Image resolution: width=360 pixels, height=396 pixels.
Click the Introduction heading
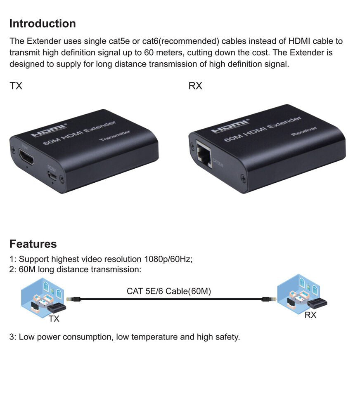click(43, 24)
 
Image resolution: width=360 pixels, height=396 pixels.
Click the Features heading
click(33, 244)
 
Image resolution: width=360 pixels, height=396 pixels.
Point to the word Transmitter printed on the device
click(115, 136)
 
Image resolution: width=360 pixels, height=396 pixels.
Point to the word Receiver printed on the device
click(304, 131)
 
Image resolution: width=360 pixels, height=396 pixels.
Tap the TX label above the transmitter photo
click(16, 86)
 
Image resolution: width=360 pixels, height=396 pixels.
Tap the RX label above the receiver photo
click(195, 86)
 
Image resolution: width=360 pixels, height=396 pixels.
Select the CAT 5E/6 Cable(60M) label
click(168, 291)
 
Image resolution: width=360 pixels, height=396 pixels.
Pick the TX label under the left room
click(54, 319)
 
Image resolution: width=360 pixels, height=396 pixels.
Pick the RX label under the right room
click(310, 315)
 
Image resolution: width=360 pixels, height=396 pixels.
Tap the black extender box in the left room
click(57, 308)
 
